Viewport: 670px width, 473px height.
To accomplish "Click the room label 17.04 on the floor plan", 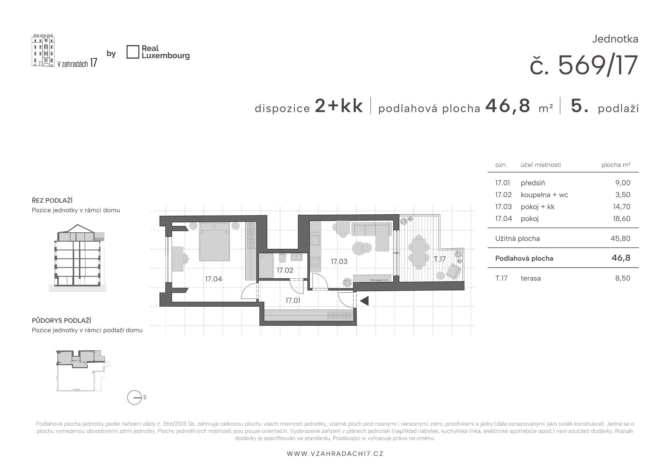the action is [213, 279].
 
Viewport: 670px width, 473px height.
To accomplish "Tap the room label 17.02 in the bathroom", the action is [285, 270].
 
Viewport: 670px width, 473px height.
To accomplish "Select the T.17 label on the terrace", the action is [440, 259].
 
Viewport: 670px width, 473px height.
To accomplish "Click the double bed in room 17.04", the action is [214, 242].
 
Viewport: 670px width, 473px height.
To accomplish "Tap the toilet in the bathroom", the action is [282, 258].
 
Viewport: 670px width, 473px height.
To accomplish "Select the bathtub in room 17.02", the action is [266, 266].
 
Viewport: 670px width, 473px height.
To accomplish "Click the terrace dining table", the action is [419, 252].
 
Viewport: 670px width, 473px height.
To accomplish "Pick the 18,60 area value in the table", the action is [621, 219].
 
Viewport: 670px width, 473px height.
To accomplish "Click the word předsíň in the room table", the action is [533, 183].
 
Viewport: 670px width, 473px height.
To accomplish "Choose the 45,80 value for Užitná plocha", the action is [620, 239].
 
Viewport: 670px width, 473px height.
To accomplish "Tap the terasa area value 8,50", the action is [623, 278].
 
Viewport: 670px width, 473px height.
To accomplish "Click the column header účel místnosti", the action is [541, 165].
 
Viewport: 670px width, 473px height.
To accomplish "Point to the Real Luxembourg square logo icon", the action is [133, 52].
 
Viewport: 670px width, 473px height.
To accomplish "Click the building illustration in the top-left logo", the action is [43, 50].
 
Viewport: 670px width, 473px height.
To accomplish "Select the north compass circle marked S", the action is [135, 398].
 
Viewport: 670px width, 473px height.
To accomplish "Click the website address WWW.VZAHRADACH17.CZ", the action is [335, 454].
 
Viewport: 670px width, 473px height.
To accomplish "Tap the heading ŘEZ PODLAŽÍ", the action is [52, 200].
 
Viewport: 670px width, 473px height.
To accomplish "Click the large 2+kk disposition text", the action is [339, 106].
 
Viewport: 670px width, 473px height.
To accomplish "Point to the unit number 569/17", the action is [598, 66].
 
